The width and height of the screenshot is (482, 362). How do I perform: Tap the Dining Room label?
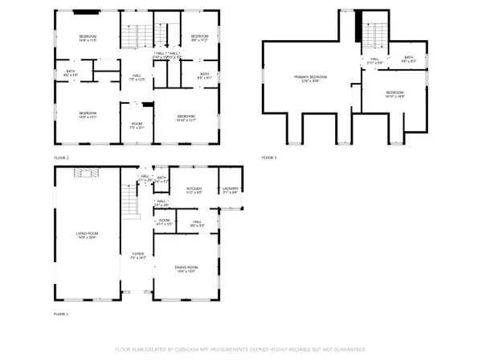(186, 269)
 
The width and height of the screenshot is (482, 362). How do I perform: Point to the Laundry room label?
(230, 190)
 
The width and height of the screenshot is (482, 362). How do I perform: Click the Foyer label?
(137, 255)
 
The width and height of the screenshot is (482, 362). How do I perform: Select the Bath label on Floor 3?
(408, 59)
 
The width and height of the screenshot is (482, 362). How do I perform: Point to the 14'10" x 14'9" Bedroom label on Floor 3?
(394, 94)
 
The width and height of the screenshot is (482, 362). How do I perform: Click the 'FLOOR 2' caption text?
(62, 157)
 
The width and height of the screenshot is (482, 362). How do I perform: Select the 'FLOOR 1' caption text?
(62, 313)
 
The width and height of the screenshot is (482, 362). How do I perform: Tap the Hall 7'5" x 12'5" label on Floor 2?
(137, 77)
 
